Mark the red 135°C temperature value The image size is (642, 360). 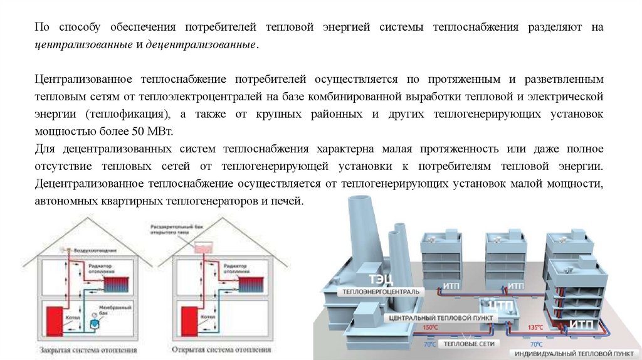pyautogui.click(x=535, y=327)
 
